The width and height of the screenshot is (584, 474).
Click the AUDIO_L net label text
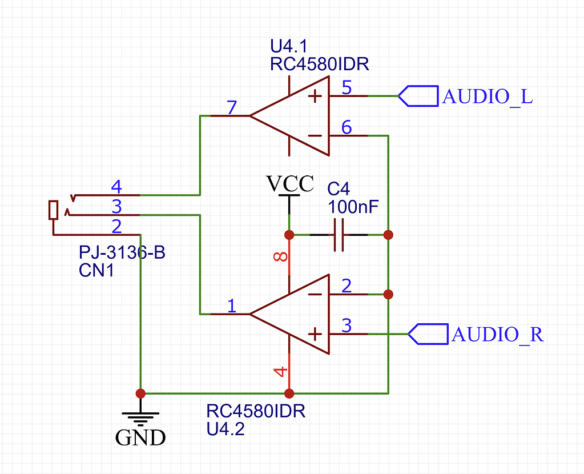click(x=488, y=97)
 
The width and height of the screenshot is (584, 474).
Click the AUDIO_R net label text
click(x=497, y=334)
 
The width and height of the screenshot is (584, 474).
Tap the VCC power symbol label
click(x=290, y=184)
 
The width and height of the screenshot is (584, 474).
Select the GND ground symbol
click(x=140, y=420)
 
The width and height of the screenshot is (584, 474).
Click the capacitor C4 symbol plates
click(x=339, y=235)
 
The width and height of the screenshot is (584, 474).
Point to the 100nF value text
click(x=353, y=207)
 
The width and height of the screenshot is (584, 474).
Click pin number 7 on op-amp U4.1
click(x=231, y=107)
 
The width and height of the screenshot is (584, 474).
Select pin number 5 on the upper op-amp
click(x=347, y=87)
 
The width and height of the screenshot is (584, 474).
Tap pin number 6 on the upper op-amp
click(x=347, y=127)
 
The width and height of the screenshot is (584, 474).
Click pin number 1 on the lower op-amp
click(x=231, y=306)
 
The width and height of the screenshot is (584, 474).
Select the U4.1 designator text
click(x=288, y=45)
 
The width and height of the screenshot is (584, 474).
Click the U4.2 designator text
click(x=225, y=429)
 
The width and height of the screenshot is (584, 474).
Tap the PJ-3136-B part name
click(x=122, y=252)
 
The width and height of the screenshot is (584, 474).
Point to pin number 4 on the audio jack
click(x=116, y=186)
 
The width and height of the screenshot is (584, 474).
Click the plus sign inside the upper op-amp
click(x=315, y=96)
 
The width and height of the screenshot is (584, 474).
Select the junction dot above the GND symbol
click(x=140, y=393)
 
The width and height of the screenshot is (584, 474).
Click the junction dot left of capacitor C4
click(x=289, y=235)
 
